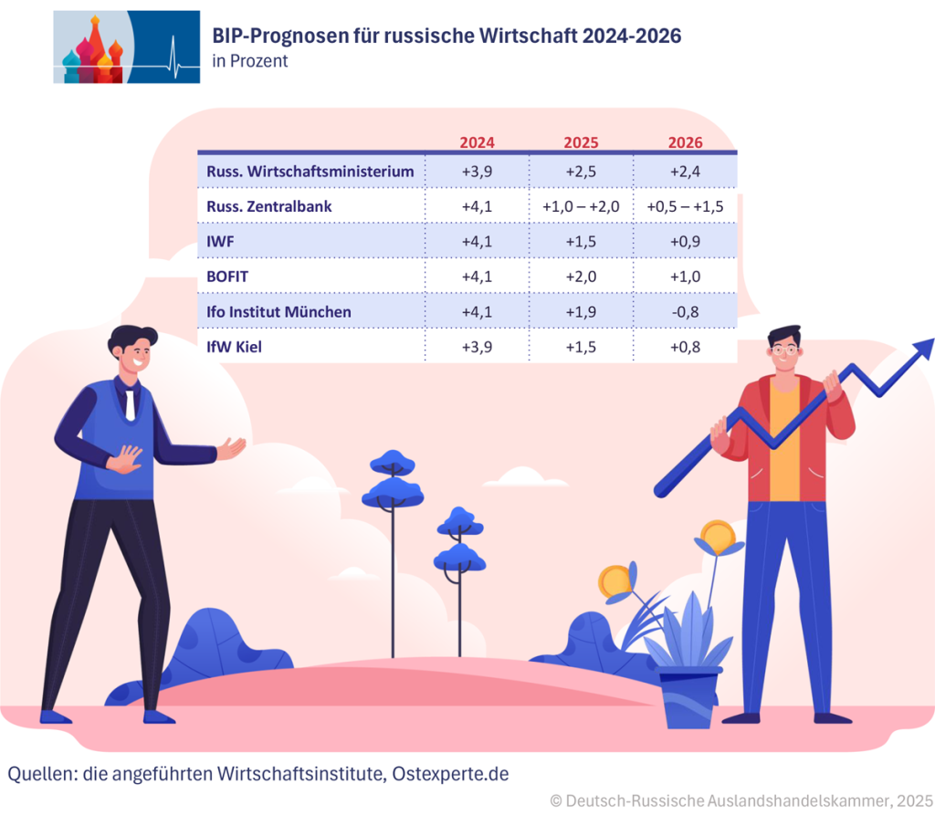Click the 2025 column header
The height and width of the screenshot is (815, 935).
(581, 142)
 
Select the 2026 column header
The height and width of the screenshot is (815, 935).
(685, 142)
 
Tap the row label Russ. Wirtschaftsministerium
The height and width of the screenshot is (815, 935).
(310, 172)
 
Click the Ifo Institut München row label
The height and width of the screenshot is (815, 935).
(278, 312)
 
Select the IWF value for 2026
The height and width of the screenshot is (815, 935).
(685, 242)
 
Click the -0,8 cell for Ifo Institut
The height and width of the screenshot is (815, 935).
(685, 312)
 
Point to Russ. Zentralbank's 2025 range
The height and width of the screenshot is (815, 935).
(581, 207)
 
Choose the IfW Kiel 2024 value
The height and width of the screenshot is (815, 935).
(477, 347)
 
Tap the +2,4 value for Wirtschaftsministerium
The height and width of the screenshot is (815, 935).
(685, 172)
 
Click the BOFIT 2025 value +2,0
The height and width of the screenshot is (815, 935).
(581, 277)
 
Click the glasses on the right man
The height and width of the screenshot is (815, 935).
(783, 350)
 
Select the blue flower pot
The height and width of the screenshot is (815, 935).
(689, 698)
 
